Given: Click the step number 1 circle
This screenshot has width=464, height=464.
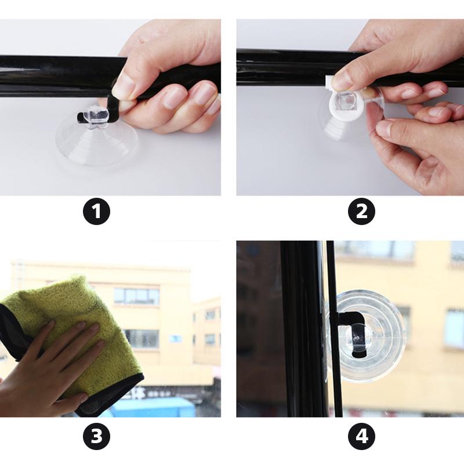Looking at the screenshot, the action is tap(96, 211).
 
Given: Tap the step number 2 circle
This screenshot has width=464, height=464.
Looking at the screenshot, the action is tap(361, 211).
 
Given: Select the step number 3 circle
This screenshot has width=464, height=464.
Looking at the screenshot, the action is tap(96, 436).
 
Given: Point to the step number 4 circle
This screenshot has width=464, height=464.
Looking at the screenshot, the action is tap(361, 436).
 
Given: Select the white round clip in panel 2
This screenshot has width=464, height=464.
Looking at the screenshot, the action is tap(346, 102).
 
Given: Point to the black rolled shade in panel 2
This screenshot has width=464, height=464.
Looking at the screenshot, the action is tap(296, 68).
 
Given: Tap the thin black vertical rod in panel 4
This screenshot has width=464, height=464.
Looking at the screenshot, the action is tap(335, 328).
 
